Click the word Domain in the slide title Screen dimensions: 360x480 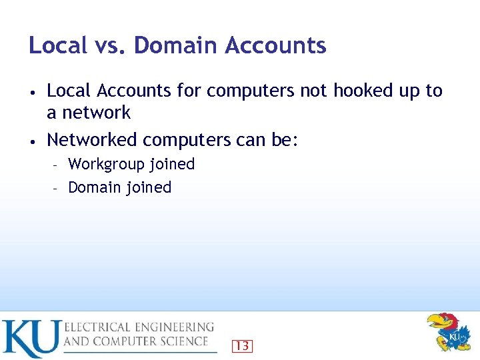pos(175,46)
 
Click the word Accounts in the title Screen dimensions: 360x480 pos(275,46)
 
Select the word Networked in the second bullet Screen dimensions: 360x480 pos(92,140)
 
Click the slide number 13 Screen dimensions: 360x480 pos(243,345)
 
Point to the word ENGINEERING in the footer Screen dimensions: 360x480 pos(173,327)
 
